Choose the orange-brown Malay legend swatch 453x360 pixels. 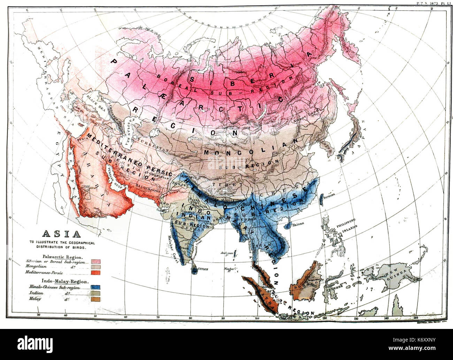click(95, 299)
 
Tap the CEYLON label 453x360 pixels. click(203, 269)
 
